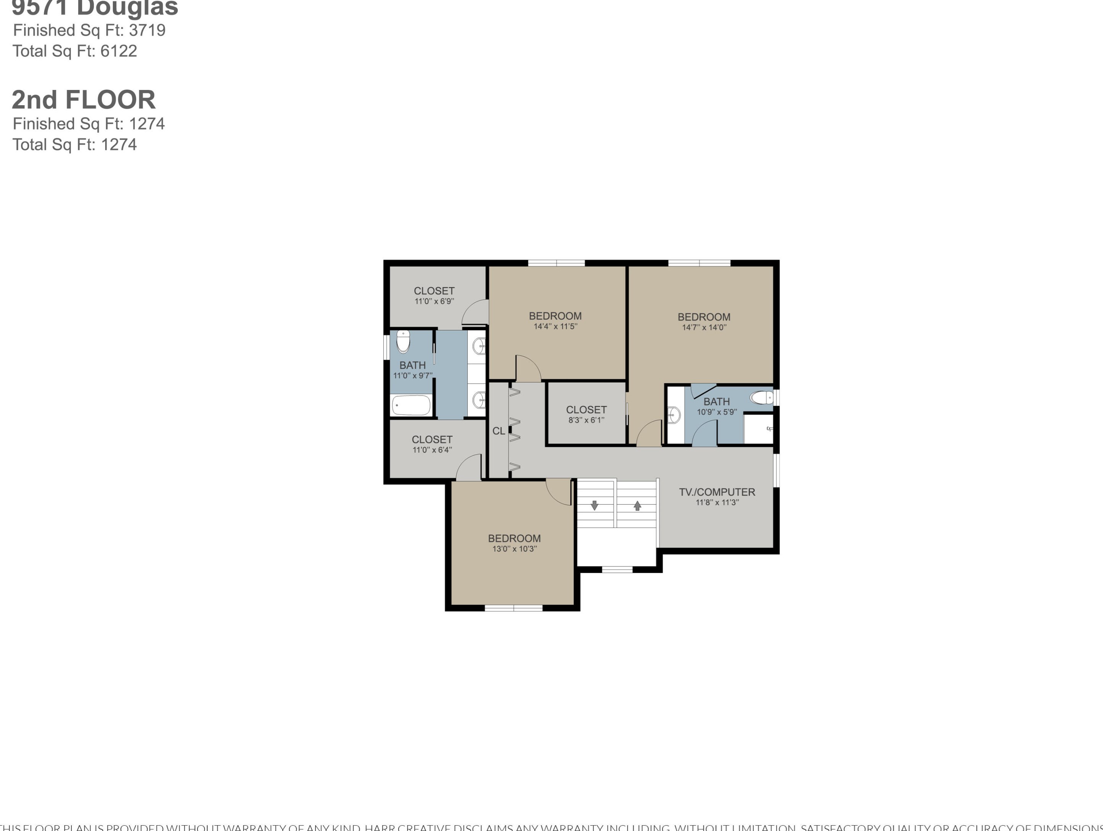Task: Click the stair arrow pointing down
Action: (x=594, y=505)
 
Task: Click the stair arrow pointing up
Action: (x=637, y=505)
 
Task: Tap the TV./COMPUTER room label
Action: (x=717, y=492)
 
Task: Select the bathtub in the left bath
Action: (x=411, y=405)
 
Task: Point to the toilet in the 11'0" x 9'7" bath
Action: (x=403, y=342)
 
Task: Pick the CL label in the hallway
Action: (x=498, y=431)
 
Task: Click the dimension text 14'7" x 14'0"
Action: (x=704, y=327)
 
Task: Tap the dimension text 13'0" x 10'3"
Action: (x=514, y=549)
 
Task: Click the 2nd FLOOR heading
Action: (x=84, y=100)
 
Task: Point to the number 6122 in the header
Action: (x=119, y=51)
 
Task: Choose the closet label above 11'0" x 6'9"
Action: (x=434, y=290)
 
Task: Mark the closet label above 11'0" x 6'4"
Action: (x=432, y=439)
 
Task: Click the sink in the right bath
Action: (x=674, y=415)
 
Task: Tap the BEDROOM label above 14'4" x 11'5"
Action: (x=555, y=316)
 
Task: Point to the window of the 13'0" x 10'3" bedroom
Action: (x=514, y=608)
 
